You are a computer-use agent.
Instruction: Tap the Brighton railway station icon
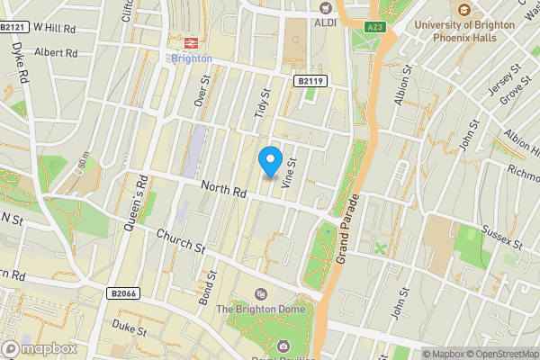point(191,42)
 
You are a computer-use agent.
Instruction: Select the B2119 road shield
point(310,81)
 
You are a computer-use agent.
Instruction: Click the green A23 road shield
point(376,29)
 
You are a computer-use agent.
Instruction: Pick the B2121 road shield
point(12,28)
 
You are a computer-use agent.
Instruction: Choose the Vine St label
point(289,171)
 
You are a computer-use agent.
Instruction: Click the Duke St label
point(130,328)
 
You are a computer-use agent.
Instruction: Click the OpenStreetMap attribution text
point(500,354)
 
